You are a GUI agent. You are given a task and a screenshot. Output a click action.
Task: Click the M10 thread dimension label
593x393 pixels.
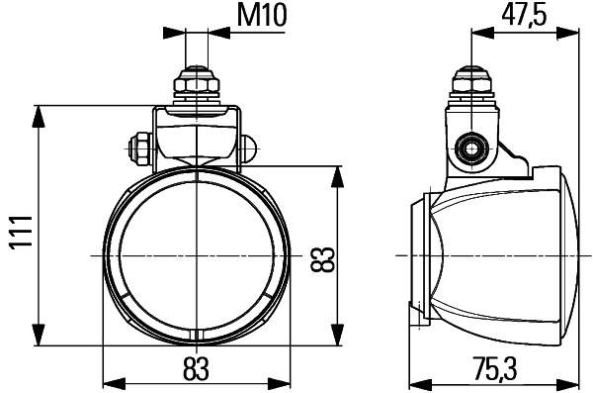pyautogui.click(x=260, y=16)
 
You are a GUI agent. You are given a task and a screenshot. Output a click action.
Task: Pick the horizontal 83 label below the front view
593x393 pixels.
pyautogui.click(x=198, y=368)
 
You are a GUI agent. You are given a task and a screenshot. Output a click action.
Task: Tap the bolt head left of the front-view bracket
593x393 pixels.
pyautogui.click(x=139, y=149)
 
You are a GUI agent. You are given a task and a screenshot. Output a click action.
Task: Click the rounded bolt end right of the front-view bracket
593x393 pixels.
pyautogui.click(x=252, y=148)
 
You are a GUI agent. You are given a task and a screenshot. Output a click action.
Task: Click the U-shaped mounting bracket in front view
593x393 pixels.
pyautogui.click(x=198, y=134)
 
